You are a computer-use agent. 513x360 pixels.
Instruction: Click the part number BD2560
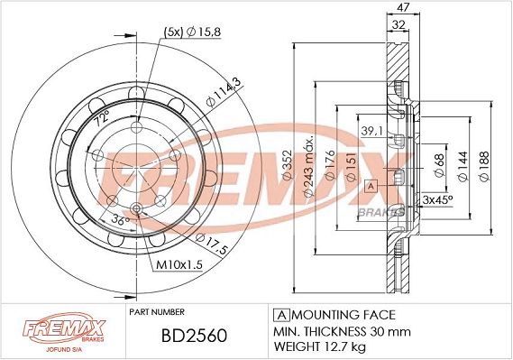(194, 336)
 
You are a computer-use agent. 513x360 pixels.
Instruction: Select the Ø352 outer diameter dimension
(287, 165)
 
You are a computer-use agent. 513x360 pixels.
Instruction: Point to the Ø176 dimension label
(330, 165)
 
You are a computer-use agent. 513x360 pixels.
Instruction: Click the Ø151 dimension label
(351, 167)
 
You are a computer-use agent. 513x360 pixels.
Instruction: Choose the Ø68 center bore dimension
(440, 166)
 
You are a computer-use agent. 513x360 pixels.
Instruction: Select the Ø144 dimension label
(463, 166)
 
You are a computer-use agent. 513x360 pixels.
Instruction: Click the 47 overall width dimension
(403, 7)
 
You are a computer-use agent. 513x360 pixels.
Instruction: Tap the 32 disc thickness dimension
(398, 25)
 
